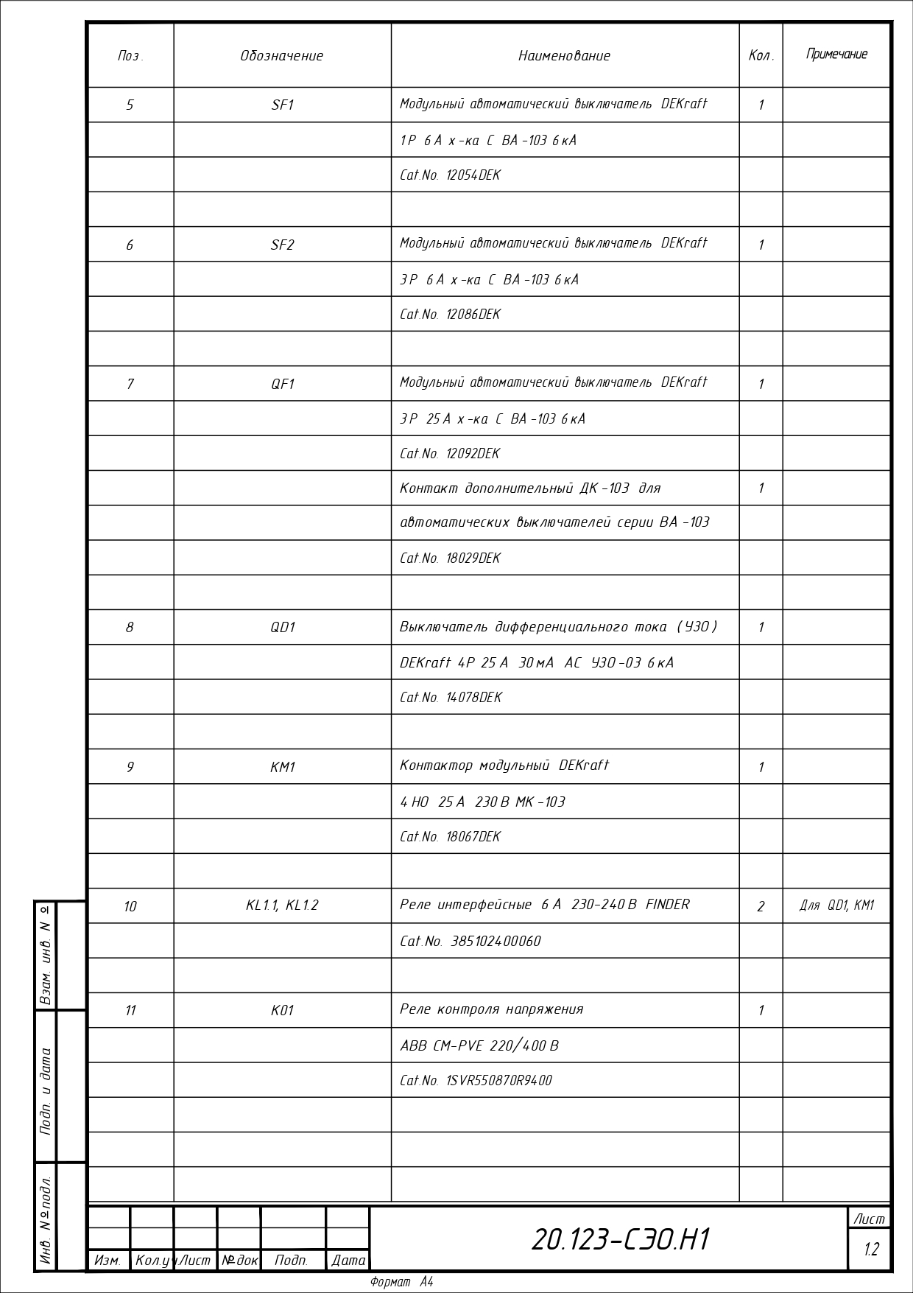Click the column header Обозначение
[x=281, y=56]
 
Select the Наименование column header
[x=564, y=56]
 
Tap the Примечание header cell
[x=836, y=55]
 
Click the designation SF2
[x=282, y=245]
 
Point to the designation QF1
[x=282, y=384]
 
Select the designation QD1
[x=282, y=627]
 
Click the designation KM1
[x=282, y=767]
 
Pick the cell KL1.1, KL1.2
[x=282, y=905]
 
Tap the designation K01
[x=282, y=1010]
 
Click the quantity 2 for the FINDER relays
[x=761, y=906]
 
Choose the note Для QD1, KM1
[x=836, y=905]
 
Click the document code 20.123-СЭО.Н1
[x=620, y=1240]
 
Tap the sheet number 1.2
[x=871, y=1250]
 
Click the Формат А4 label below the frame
[x=402, y=1282]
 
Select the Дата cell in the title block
[x=348, y=1261]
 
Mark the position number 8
[x=130, y=627]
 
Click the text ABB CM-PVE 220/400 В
[x=479, y=1045]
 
